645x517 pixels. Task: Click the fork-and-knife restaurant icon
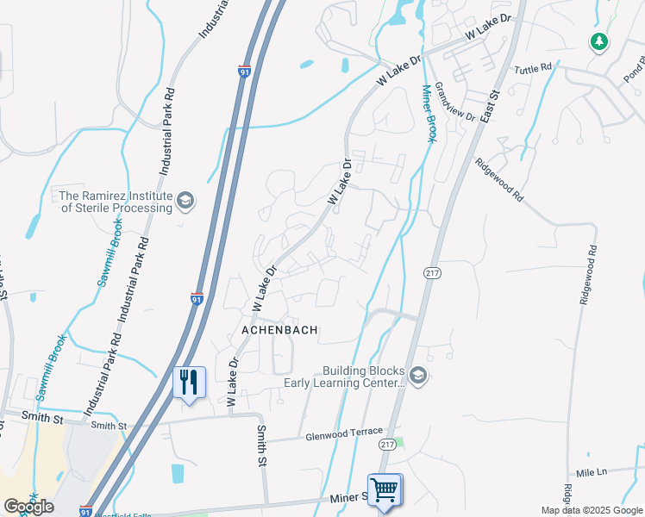point(189,381)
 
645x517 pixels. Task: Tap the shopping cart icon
point(385,490)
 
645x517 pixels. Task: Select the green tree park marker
point(598,41)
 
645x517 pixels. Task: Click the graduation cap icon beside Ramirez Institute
point(185,202)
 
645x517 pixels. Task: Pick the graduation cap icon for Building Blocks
point(418,376)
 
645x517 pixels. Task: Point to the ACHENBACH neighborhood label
point(279,330)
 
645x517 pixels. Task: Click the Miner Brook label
point(429,113)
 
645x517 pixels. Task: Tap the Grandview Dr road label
point(455,102)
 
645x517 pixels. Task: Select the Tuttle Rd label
point(532,68)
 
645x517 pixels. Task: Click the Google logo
point(28,507)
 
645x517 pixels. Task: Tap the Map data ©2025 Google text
point(592,510)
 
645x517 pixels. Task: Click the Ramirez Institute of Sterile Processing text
point(116,202)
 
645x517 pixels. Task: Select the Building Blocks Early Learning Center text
point(363,377)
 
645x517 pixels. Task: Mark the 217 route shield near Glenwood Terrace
point(387,444)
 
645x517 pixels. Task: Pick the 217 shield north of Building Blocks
point(432,272)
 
